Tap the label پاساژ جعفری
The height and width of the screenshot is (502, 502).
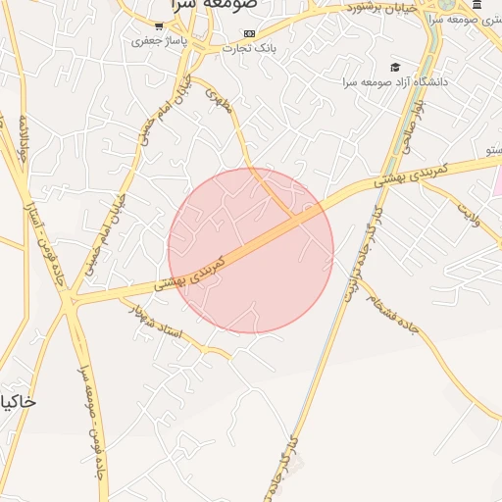point(159,42)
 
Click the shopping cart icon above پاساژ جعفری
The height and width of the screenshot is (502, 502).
point(160,26)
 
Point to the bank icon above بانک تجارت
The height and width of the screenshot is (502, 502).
point(249,32)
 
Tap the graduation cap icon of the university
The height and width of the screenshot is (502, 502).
point(394,67)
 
